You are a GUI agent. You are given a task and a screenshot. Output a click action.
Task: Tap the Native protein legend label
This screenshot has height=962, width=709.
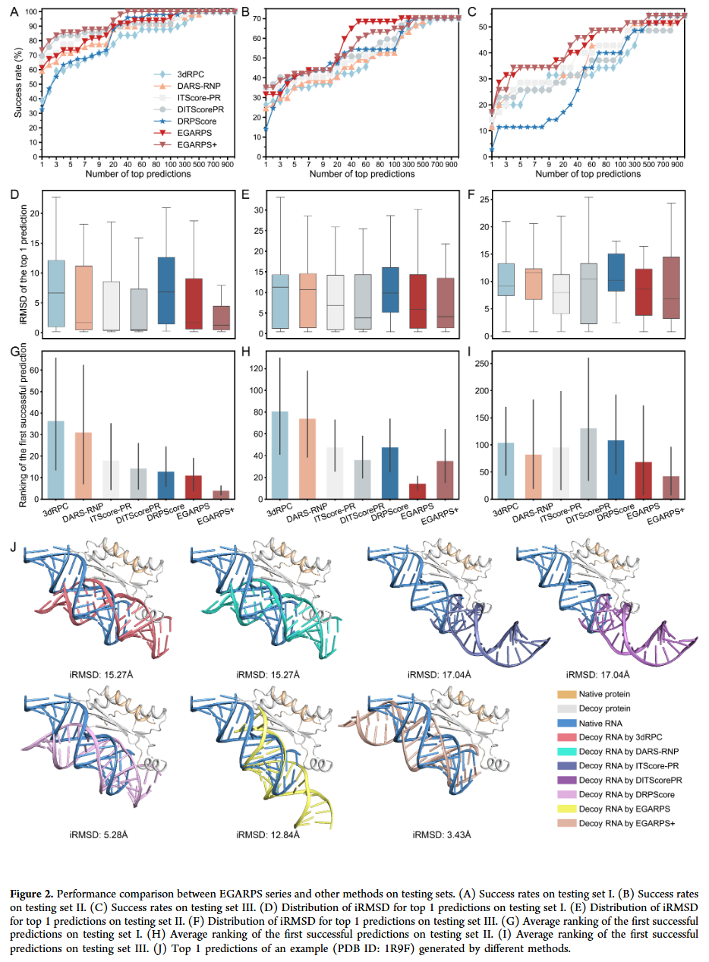pos(603,694)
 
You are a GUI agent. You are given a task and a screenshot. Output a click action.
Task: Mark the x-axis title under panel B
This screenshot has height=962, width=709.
pos(361,174)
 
